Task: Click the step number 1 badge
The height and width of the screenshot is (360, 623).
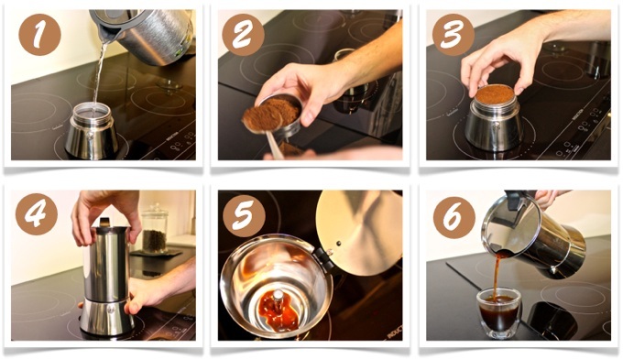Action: [x=39, y=34]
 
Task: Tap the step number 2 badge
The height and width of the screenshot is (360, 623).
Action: [x=243, y=35]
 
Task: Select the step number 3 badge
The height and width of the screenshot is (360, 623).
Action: [x=453, y=35]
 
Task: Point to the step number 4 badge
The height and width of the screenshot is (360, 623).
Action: [x=37, y=214]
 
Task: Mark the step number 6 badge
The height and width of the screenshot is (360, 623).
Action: [x=454, y=217]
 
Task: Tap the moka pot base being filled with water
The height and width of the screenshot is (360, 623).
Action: [x=92, y=131]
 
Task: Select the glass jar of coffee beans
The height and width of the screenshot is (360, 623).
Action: [x=155, y=229]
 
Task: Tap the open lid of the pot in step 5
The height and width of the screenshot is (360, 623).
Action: [x=359, y=233]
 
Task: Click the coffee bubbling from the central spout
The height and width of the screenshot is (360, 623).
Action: [x=279, y=310]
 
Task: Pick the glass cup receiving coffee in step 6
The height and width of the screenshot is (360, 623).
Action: [x=499, y=312]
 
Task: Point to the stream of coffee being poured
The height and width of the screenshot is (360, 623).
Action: [x=497, y=275]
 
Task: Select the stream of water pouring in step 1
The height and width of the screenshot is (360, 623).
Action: [x=99, y=73]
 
